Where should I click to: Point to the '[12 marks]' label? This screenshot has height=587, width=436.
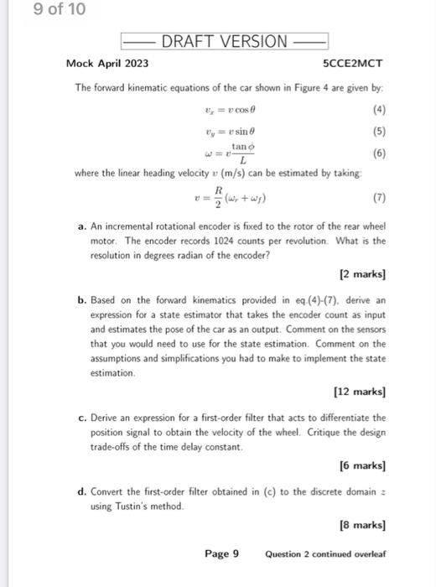[360, 391]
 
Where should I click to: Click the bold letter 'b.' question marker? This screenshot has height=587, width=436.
[80, 298]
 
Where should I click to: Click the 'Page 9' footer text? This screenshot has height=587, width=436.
[222, 553]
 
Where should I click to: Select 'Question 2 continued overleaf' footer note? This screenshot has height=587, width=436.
[325, 554]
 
